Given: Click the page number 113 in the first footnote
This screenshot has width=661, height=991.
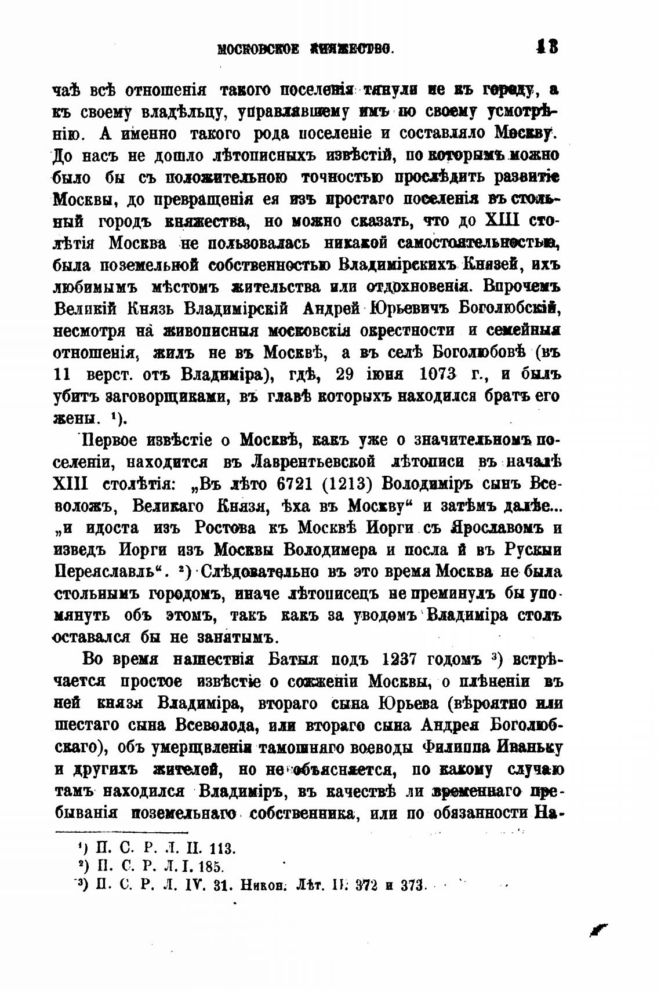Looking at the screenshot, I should (x=221, y=849).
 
